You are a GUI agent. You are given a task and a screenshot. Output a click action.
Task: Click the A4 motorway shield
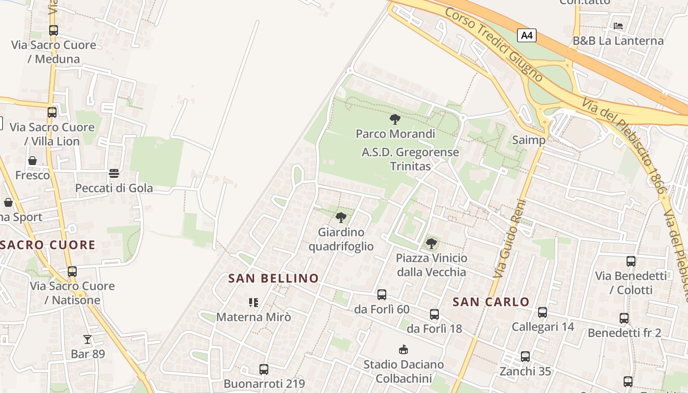(x=526, y=35)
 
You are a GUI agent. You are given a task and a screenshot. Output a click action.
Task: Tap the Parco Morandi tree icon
(x=395, y=119)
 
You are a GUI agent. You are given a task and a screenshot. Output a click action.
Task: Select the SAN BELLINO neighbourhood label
(x=274, y=279)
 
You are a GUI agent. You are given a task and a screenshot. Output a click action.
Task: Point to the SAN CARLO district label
(x=491, y=302)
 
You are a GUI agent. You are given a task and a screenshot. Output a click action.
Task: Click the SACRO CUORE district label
(x=48, y=245)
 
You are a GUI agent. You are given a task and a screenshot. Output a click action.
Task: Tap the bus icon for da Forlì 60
(x=382, y=295)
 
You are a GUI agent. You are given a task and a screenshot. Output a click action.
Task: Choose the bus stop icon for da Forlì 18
(x=434, y=314)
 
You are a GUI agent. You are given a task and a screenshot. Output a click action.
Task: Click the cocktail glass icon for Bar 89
(x=87, y=339)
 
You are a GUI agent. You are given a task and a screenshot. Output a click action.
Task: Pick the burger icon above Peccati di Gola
(x=114, y=173)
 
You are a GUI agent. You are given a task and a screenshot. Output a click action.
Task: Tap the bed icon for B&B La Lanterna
(x=618, y=26)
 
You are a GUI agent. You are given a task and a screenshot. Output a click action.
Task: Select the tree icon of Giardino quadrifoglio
(x=341, y=218)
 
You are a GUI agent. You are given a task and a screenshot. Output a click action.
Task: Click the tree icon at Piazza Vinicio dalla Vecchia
(x=431, y=243)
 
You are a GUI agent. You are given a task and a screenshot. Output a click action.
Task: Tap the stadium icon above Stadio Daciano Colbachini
(x=403, y=350)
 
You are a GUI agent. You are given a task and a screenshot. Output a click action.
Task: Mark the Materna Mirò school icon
(x=254, y=302)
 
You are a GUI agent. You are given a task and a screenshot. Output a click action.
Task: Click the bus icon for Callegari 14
(x=543, y=312)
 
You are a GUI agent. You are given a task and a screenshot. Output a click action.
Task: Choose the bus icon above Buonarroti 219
(x=264, y=369)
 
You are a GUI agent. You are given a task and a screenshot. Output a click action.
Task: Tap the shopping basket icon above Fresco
(x=32, y=161)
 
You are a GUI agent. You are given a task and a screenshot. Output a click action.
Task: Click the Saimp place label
(x=529, y=140)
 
